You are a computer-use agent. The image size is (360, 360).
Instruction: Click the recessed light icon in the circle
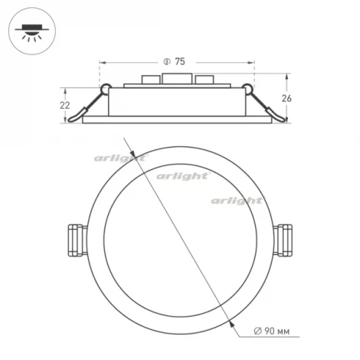[30, 31]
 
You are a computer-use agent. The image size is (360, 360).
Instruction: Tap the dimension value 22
[65, 104]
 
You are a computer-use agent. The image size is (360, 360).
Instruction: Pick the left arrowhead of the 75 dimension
[103, 61]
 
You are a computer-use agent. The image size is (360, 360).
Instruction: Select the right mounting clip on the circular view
[283, 240]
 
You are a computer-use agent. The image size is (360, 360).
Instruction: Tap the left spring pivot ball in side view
[106, 87]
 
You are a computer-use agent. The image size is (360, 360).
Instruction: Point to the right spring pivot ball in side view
[246, 87]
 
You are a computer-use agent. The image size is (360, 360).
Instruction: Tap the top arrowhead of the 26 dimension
[287, 77]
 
